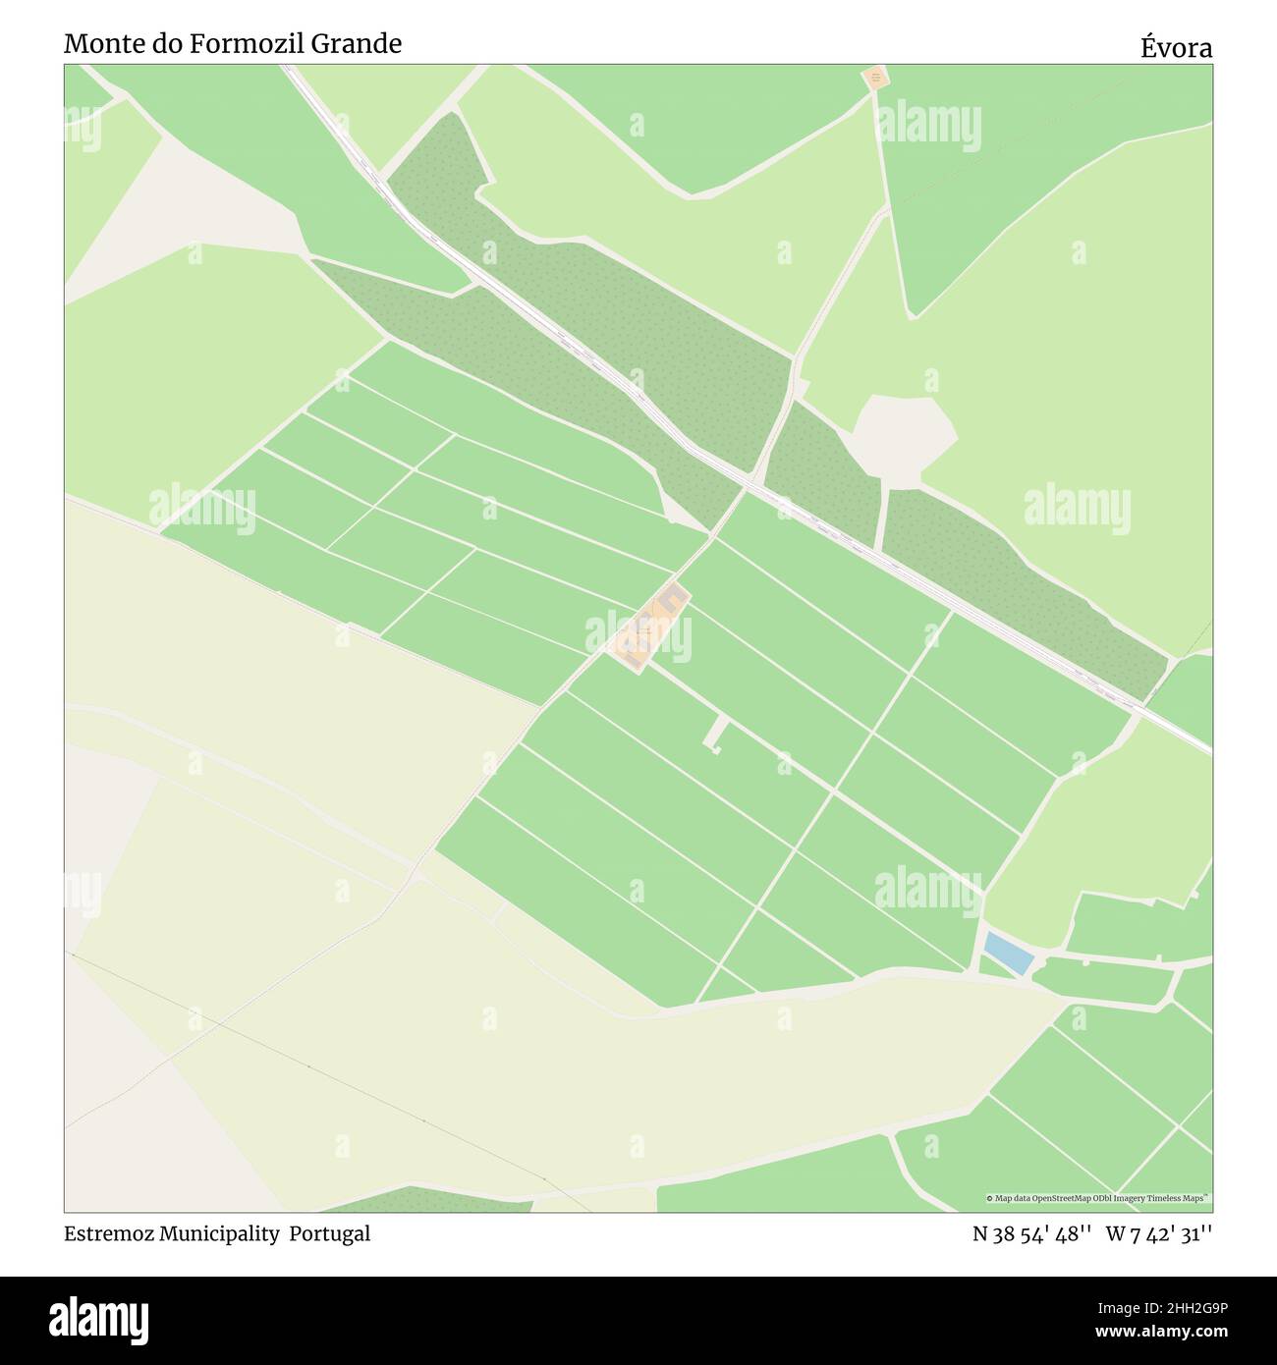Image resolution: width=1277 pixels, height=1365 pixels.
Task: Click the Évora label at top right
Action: [x=1176, y=47]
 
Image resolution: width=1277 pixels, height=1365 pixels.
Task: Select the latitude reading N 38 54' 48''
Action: [x=1032, y=1234]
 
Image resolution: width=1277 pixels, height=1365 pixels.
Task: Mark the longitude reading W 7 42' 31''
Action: [x=1159, y=1234]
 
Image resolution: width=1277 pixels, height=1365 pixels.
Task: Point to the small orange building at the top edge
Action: [x=874, y=77]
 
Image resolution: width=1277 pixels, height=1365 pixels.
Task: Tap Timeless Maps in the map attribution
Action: [x=1183, y=1198]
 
